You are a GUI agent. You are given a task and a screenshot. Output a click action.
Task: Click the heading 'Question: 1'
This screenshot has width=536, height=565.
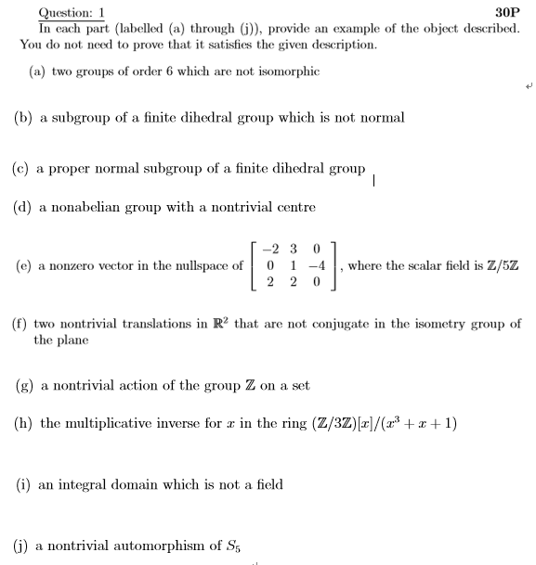71,13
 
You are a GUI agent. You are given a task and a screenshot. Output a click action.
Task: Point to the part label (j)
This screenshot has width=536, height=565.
22,546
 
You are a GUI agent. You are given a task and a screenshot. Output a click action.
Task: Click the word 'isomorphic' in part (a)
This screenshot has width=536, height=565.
290,71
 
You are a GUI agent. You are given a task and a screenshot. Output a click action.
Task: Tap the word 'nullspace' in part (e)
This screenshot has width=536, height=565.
198,265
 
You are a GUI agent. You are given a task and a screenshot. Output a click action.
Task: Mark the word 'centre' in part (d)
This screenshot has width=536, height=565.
296,207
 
